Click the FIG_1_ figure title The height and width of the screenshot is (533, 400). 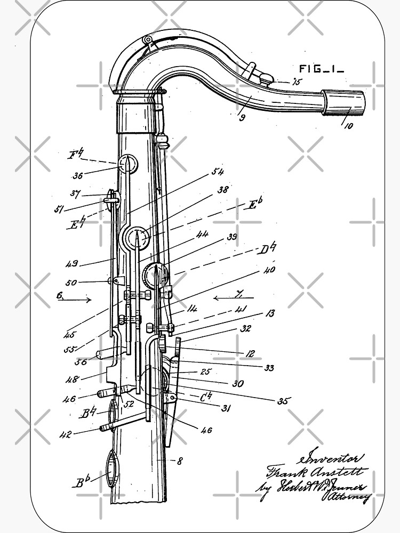pos(321,68)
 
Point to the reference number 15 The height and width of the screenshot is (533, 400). pos(295,82)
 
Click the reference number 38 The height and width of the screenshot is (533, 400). pos(222,190)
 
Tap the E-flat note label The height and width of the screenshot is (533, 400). pos(253,204)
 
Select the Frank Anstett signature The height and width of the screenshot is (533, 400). pos(315,472)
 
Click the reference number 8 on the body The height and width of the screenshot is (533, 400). pos(179,462)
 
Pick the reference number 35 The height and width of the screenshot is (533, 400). pos(282,401)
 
